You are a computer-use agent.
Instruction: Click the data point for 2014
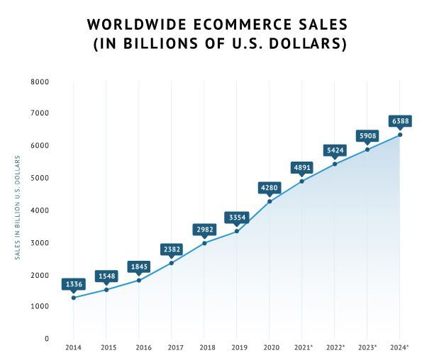pyautogui.click(x=74, y=298)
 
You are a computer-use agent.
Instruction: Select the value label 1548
pyautogui.click(x=106, y=275)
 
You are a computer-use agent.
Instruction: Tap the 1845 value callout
pyautogui.click(x=139, y=266)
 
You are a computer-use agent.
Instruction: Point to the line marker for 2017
pyautogui.click(x=172, y=263)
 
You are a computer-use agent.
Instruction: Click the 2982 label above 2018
pyautogui.click(x=204, y=229)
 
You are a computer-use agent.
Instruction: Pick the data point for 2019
pyautogui.click(x=237, y=231)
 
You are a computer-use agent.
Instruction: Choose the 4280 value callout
pyautogui.click(x=270, y=188)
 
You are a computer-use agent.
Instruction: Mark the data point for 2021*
pyautogui.click(x=302, y=181)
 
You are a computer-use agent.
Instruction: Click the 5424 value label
pyautogui.click(x=335, y=150)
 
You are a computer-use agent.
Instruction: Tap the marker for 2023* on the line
pyautogui.click(x=367, y=150)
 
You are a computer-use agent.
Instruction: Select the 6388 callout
pyautogui.click(x=400, y=120)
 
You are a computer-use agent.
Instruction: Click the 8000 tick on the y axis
pyautogui.click(x=40, y=81)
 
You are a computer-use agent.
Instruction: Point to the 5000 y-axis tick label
pyautogui.click(x=40, y=178)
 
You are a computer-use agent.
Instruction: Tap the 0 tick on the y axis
pyautogui.click(x=47, y=339)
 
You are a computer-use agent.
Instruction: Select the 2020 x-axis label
pyautogui.click(x=270, y=348)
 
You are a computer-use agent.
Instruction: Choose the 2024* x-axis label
pyautogui.click(x=400, y=348)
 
